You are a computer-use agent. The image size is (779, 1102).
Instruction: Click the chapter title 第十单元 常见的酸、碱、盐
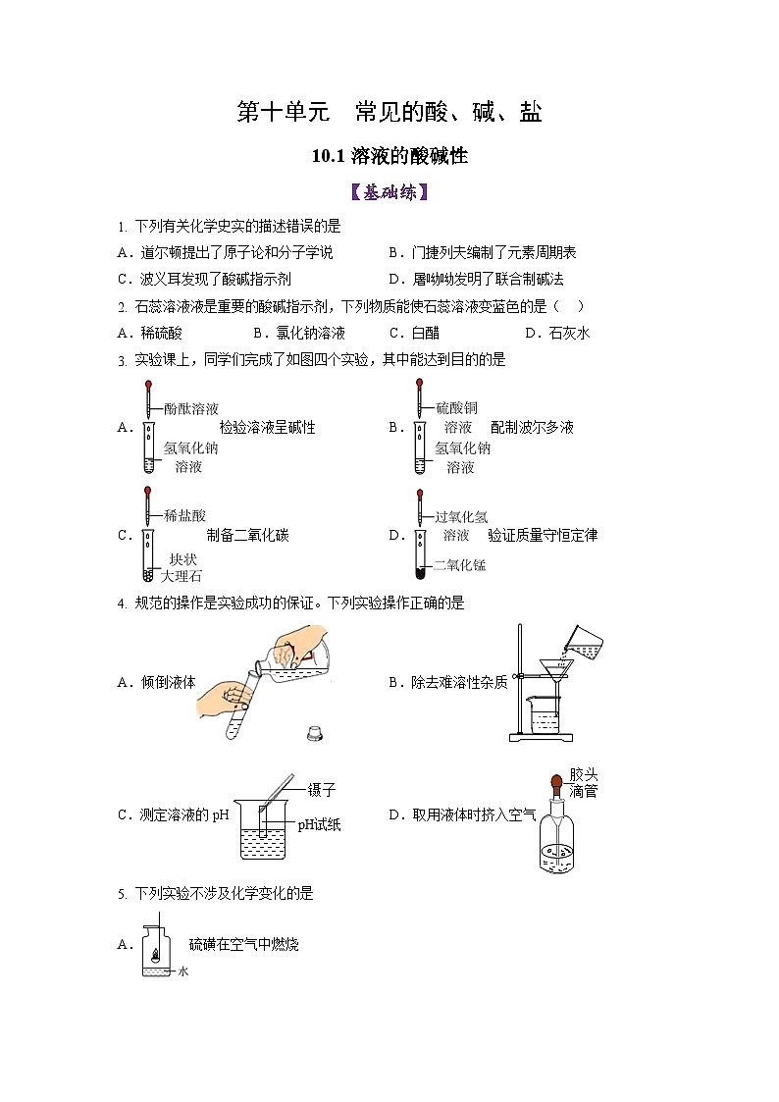click(x=389, y=113)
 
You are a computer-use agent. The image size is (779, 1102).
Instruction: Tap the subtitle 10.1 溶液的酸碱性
click(x=389, y=156)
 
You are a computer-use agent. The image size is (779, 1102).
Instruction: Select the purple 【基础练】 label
click(x=389, y=192)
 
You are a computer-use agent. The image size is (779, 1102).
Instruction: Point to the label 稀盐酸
click(x=184, y=515)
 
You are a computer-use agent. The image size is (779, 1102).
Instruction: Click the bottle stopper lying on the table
click(x=315, y=732)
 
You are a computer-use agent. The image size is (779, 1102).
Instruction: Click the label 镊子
click(x=321, y=789)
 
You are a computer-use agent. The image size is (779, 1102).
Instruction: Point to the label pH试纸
click(x=319, y=825)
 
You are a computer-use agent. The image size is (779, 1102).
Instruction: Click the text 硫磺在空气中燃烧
click(x=243, y=944)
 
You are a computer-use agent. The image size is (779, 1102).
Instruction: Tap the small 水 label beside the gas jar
click(x=182, y=971)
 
